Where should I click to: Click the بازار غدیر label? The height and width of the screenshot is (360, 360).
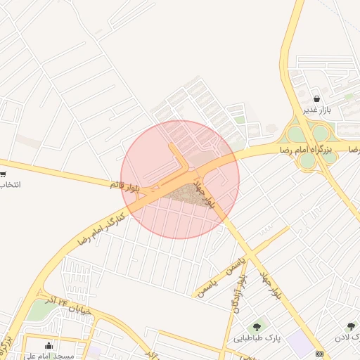[316, 110]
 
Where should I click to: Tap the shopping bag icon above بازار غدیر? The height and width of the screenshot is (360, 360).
[316, 98]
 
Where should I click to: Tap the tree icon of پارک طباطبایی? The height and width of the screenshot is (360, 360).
[257, 326]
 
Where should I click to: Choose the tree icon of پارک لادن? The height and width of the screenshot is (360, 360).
[352, 326]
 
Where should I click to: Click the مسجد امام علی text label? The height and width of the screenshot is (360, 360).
[49, 356]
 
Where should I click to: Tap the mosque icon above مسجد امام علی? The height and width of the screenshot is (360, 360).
[49, 345]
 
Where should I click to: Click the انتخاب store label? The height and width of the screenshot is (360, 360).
[8, 185]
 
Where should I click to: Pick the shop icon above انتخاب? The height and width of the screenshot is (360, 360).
[3, 174]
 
